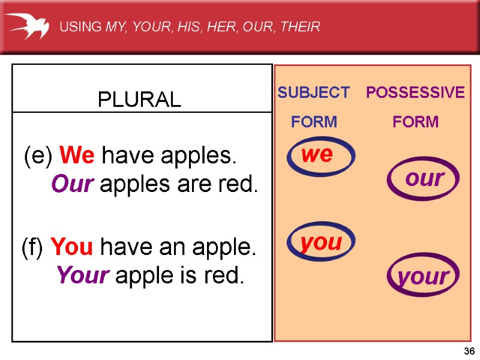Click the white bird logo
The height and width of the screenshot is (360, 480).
coord(27,27)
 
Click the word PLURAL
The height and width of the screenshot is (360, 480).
coord(140,100)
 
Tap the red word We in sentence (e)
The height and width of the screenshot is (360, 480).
coord(77,156)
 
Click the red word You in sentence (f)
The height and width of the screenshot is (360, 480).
coord(71,247)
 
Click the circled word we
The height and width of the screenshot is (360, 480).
coord(317,155)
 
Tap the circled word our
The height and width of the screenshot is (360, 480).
coord(424,178)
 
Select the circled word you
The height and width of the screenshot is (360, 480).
coord(321,243)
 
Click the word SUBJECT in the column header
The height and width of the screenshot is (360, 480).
coord(313,92)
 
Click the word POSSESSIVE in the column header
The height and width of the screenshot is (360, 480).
coord(415,92)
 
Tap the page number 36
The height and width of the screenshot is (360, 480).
coord(469,352)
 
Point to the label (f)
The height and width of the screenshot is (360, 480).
coord(34,247)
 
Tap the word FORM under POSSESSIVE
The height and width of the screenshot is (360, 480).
coord(415,122)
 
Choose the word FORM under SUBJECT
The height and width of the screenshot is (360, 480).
coord(314,122)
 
